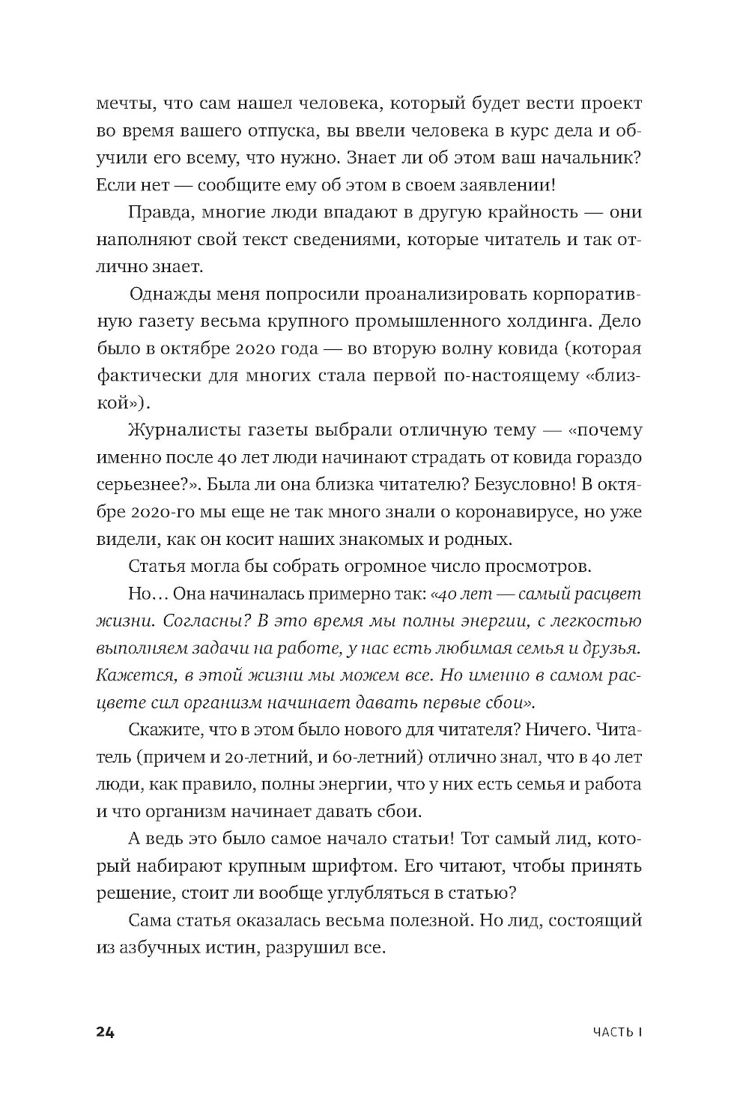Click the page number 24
105,1032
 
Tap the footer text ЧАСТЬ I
617,1033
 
